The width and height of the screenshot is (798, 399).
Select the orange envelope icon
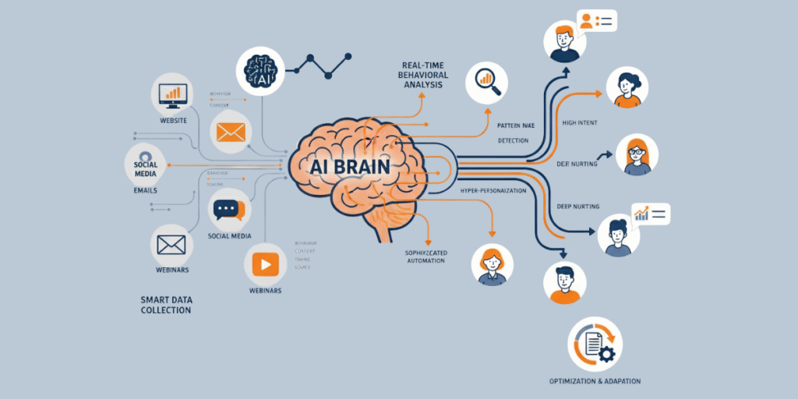[231, 132]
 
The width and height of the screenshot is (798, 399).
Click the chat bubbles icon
[229, 209]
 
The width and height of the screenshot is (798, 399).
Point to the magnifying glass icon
[487, 83]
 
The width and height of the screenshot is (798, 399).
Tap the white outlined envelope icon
[171, 245]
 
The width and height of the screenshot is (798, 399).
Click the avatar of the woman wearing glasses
[637, 155]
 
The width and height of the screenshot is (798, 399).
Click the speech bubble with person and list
[596, 20]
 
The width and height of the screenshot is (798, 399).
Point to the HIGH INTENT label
[579, 123]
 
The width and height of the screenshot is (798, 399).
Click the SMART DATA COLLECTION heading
[166, 304]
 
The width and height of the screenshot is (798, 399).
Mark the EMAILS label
[145, 190]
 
